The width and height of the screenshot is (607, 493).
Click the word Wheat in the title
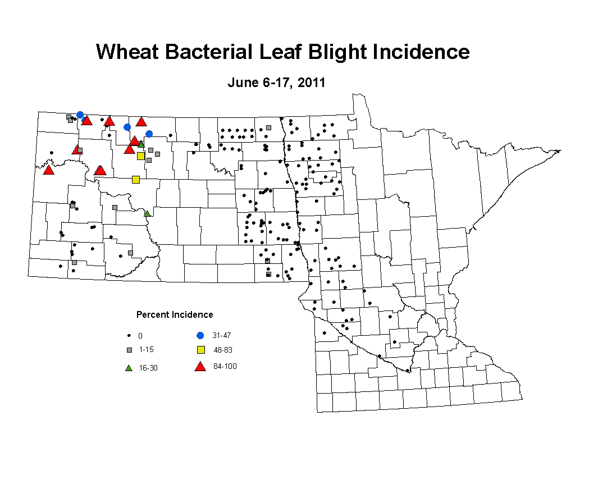pyautogui.click(x=127, y=52)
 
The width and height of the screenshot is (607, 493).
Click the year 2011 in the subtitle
pyautogui.click(x=311, y=83)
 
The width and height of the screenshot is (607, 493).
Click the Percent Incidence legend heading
pyautogui.click(x=175, y=314)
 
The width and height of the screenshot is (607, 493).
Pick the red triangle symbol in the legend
pyautogui.click(x=200, y=367)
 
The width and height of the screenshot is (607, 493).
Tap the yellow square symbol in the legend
pyautogui.click(x=201, y=350)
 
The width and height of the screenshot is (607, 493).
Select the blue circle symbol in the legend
pyautogui.click(x=200, y=335)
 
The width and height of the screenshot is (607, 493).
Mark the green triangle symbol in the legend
pyautogui.click(x=129, y=368)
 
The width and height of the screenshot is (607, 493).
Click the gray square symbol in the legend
pyautogui.click(x=130, y=350)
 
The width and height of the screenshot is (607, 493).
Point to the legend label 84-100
pyautogui.click(x=225, y=366)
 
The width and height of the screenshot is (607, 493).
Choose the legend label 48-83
pyautogui.click(x=223, y=350)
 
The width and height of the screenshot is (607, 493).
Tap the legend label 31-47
pyautogui.click(x=221, y=335)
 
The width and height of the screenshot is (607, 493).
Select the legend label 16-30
pyautogui.click(x=148, y=368)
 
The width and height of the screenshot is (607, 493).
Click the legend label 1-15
pyautogui.click(x=147, y=349)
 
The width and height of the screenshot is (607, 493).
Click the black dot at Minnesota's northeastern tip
pyautogui.click(x=558, y=152)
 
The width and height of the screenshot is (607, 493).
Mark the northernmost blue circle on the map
pyautogui.click(x=80, y=115)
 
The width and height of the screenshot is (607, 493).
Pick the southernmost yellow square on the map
pyautogui.click(x=136, y=180)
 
